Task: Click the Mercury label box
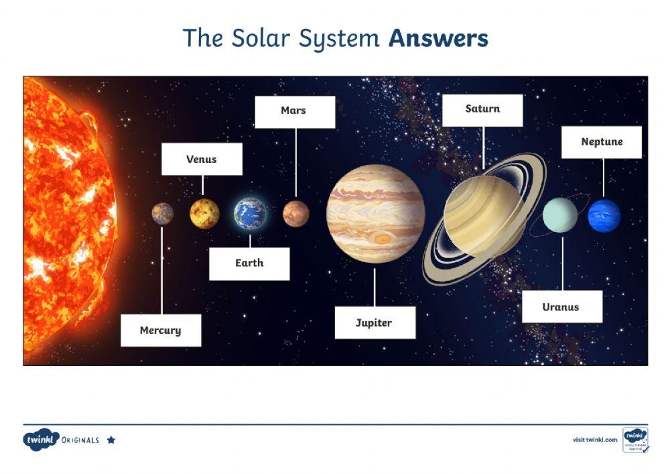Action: (x=161, y=330)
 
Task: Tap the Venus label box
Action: (x=202, y=160)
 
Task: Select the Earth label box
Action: (x=249, y=263)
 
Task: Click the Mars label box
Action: (x=294, y=111)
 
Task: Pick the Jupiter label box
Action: (x=375, y=322)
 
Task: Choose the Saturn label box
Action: (x=482, y=109)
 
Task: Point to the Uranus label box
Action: (x=561, y=307)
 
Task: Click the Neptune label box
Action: (x=601, y=142)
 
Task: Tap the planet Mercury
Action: (x=162, y=214)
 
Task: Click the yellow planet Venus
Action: (x=204, y=213)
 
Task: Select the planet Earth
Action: (x=250, y=214)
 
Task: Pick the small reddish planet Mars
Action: (x=295, y=214)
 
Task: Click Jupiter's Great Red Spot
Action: (x=383, y=238)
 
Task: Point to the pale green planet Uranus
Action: (x=559, y=215)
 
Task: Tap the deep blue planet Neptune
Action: (x=604, y=215)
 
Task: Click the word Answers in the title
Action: (x=438, y=38)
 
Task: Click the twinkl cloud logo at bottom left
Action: (x=41, y=440)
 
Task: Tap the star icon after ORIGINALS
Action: (x=111, y=440)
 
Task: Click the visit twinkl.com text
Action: (x=595, y=440)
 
